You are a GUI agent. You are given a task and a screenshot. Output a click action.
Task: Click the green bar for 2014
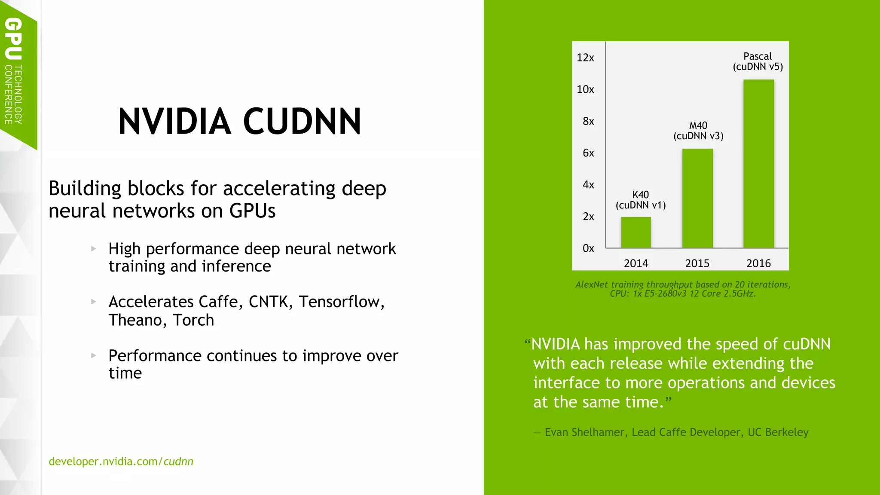click(636, 232)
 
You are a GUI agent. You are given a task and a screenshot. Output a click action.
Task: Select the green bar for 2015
click(697, 198)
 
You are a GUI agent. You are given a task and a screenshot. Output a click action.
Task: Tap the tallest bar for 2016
click(758, 164)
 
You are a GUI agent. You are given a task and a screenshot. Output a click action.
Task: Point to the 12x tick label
click(585, 58)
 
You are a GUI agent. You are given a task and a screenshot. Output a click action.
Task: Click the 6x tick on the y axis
click(588, 153)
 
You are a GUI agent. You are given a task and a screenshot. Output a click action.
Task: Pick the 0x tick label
click(588, 248)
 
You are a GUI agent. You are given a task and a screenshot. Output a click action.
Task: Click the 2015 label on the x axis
click(697, 263)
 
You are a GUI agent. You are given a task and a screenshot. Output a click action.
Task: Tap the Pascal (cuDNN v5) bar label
click(758, 61)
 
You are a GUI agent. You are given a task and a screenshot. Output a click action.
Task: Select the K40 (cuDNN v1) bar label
click(641, 200)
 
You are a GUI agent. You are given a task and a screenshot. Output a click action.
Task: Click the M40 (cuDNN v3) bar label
click(698, 131)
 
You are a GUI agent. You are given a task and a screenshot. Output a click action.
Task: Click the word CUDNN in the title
click(302, 122)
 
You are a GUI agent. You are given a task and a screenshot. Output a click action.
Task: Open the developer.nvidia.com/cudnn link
click(121, 461)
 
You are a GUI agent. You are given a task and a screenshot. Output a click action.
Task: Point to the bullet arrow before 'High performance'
click(94, 248)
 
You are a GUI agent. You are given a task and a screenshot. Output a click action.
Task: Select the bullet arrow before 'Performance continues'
click(94, 355)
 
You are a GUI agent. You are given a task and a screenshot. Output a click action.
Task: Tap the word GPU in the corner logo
click(13, 39)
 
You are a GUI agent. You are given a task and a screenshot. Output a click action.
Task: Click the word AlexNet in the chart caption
click(591, 284)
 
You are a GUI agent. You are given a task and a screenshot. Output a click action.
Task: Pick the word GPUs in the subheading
click(252, 211)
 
